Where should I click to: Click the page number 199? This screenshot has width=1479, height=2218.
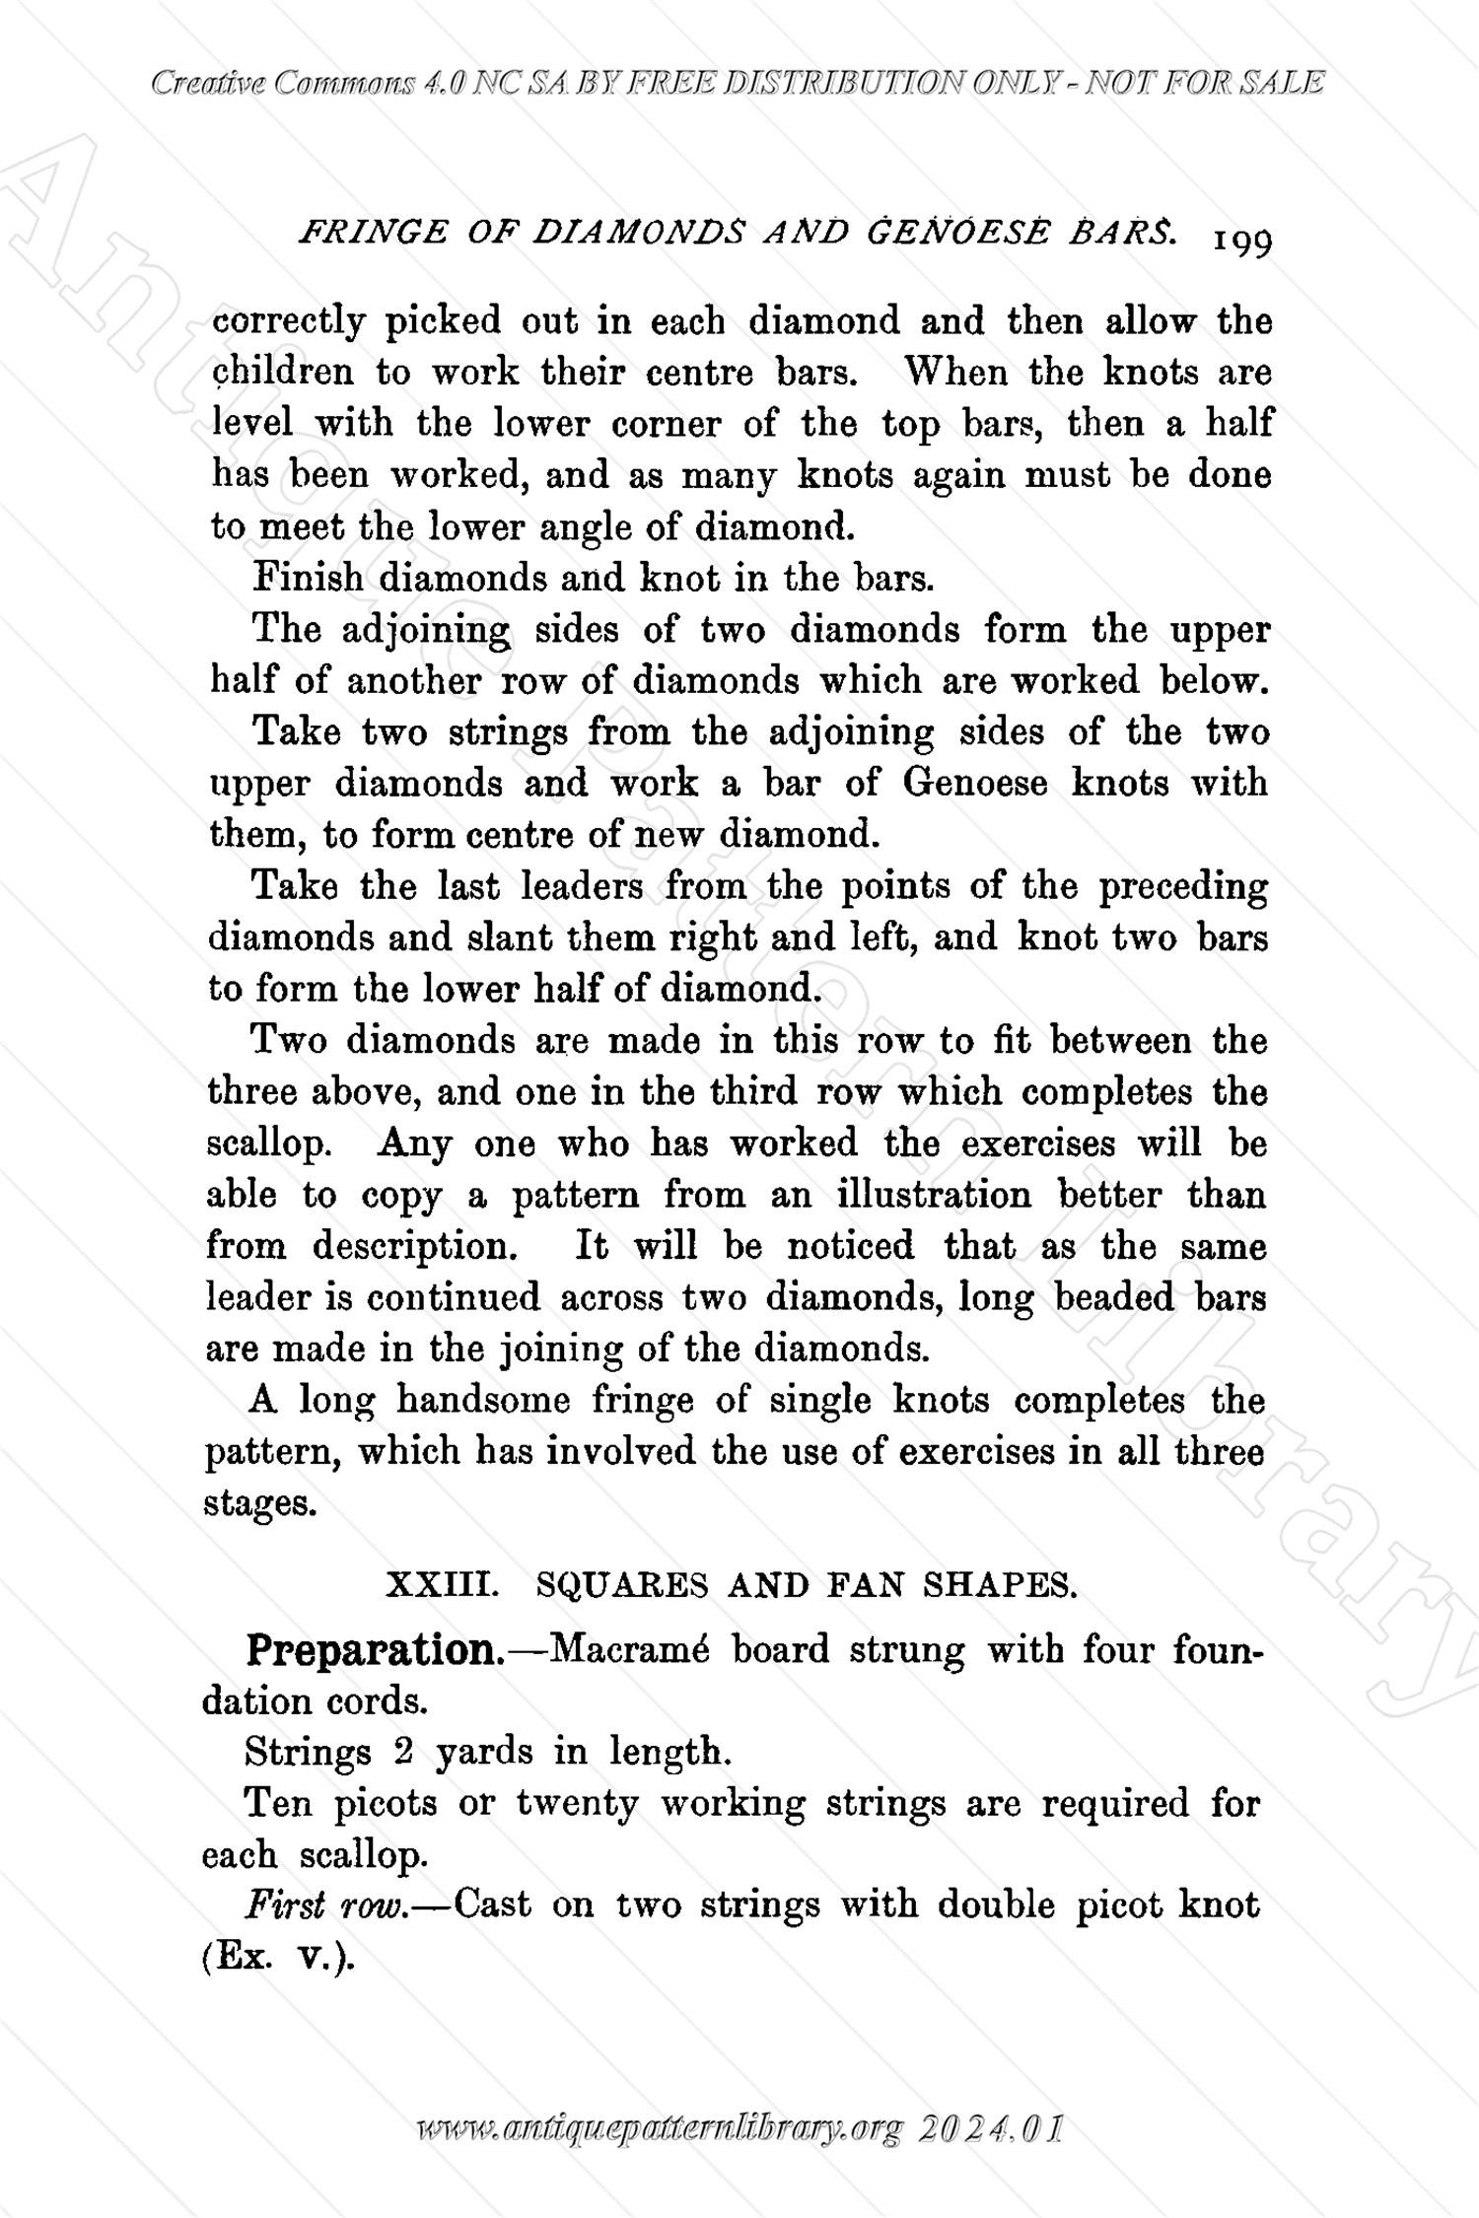pyautogui.click(x=1244, y=242)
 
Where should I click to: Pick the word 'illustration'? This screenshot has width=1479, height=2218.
pyautogui.click(x=933, y=1195)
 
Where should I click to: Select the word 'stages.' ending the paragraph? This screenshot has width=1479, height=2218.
pyautogui.click(x=259, y=1504)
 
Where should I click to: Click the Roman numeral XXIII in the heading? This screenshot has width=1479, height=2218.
pyautogui.click(x=440, y=1585)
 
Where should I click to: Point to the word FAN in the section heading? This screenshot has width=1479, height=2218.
pyautogui.click(x=869, y=1585)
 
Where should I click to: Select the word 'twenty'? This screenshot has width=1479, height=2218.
pyautogui.click(x=577, y=1804)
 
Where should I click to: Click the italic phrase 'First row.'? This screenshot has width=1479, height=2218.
pyautogui.click(x=326, y=1905)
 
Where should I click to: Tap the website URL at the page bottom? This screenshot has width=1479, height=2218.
pyautogui.click(x=660, y=2130)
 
